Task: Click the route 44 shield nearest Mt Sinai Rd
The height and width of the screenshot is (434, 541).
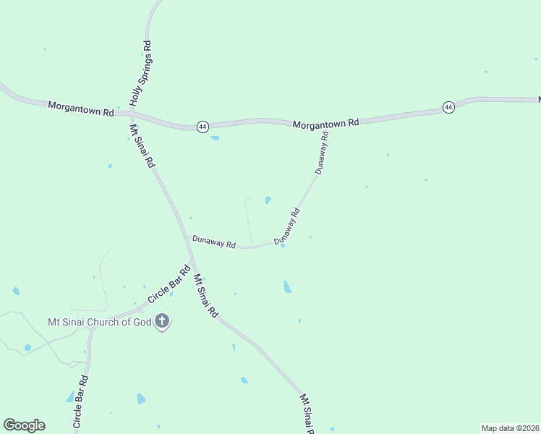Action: click(x=203, y=127)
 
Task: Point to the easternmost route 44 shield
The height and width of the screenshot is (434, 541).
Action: click(x=448, y=107)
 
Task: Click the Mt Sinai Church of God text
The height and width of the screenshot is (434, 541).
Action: click(x=99, y=322)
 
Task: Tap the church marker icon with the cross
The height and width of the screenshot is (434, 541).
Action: click(x=162, y=321)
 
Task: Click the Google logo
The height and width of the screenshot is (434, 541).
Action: click(x=24, y=425)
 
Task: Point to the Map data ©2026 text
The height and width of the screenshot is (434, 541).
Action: click(x=511, y=427)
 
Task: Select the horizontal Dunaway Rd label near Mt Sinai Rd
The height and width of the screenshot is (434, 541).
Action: click(x=214, y=242)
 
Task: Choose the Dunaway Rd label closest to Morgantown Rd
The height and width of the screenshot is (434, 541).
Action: click(x=322, y=153)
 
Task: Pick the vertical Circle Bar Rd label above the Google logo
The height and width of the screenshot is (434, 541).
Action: click(x=80, y=404)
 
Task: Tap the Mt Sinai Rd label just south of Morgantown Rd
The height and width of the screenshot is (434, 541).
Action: click(x=142, y=146)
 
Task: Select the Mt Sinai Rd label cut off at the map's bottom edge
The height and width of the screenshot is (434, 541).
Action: click(x=308, y=414)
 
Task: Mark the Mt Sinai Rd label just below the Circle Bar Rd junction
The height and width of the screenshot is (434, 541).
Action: click(x=206, y=297)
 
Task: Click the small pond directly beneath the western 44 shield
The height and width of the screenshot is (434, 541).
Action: click(x=214, y=137)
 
